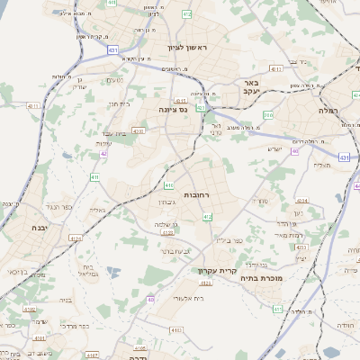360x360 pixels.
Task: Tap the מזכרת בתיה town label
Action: [259, 279]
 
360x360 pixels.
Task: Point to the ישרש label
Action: [275, 148]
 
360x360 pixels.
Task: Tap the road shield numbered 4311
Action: [33, 106]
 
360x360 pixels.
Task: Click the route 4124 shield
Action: [75, 238]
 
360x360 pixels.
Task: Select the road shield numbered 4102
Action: [30, 309]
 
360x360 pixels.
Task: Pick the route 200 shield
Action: [267, 115]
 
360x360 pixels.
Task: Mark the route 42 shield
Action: [103, 154]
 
